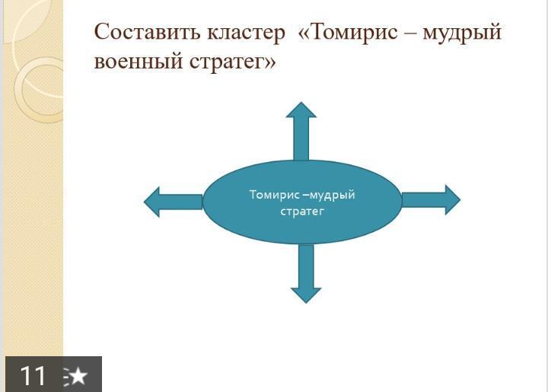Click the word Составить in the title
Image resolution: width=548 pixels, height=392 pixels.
point(148,32)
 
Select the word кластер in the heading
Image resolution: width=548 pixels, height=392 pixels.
point(246,33)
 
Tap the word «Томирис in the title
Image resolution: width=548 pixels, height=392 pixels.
point(348,32)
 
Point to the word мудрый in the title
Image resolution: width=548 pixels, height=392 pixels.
point(462,33)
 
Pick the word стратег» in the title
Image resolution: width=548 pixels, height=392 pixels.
point(233,62)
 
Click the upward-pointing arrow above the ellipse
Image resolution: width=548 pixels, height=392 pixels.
point(301,132)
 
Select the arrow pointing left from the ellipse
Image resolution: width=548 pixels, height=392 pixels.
point(174,202)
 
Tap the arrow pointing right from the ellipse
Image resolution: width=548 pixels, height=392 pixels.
point(431,199)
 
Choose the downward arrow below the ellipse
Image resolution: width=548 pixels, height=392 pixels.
point(306,273)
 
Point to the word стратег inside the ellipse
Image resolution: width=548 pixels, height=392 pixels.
point(302,212)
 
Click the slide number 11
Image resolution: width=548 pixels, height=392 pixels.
point(33,375)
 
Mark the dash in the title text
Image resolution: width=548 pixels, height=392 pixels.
point(410,33)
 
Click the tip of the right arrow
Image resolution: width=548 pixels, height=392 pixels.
point(460,200)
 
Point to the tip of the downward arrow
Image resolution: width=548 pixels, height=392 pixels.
point(306,303)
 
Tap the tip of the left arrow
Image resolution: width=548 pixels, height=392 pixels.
point(144,202)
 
